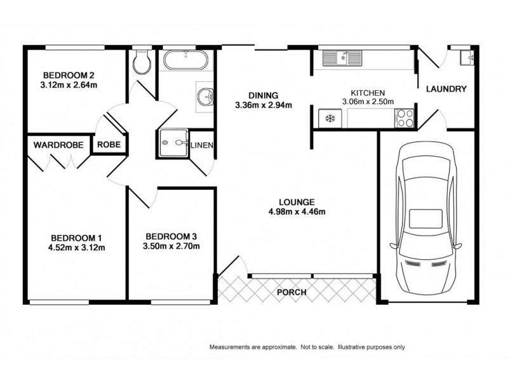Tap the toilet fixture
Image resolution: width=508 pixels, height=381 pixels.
(x=142, y=61)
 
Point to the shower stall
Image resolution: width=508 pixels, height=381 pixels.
(x=171, y=142)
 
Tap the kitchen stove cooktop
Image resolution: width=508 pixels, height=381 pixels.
(x=404, y=118)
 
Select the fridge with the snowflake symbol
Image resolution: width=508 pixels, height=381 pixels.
(x=329, y=118)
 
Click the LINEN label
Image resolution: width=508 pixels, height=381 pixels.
(x=202, y=145)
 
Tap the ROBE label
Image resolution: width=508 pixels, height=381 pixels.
(x=109, y=145)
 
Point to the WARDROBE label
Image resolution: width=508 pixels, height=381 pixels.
(x=58, y=145)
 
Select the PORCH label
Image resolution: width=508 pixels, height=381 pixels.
(x=292, y=293)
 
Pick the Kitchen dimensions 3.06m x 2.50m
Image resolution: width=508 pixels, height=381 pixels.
(x=368, y=101)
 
